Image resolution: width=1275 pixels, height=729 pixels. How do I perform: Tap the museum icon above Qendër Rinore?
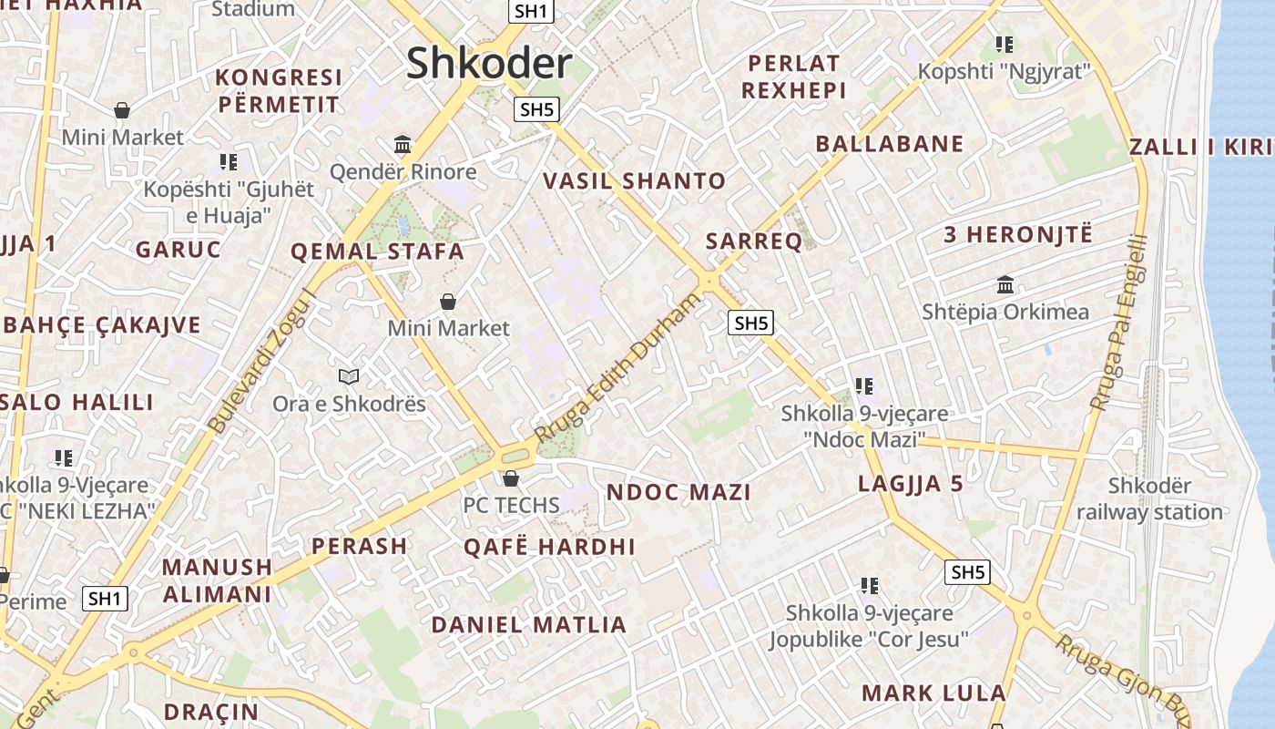tap(403, 144)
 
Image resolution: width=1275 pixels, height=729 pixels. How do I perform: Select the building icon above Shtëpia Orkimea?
tap(1005, 284)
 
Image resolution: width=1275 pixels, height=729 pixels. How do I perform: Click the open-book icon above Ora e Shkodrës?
tap(349, 375)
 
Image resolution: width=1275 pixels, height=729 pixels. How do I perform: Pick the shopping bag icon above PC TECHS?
tap(511, 477)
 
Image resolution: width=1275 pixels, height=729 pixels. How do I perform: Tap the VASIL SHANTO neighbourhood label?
tap(634, 180)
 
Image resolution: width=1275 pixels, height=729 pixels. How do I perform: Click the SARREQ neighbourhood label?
tap(754, 241)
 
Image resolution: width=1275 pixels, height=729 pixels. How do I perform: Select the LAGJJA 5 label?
tap(910, 484)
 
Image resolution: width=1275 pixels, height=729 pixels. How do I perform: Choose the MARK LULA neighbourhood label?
tap(933, 693)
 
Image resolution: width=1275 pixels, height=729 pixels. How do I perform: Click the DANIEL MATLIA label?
tap(529, 625)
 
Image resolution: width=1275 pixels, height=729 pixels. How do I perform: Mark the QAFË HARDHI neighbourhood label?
tap(549, 547)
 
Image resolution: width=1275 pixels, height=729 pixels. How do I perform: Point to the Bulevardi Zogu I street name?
tap(261, 361)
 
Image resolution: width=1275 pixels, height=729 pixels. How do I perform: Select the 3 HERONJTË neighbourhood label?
tap(1017, 234)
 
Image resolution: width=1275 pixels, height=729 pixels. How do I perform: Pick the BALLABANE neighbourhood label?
tap(889, 143)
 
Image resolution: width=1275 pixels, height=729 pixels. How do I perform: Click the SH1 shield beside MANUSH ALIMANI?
tap(105, 599)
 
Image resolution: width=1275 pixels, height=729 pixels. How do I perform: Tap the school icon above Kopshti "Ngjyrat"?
tap(1005, 44)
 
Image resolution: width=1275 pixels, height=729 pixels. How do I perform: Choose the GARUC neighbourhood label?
tap(178, 250)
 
